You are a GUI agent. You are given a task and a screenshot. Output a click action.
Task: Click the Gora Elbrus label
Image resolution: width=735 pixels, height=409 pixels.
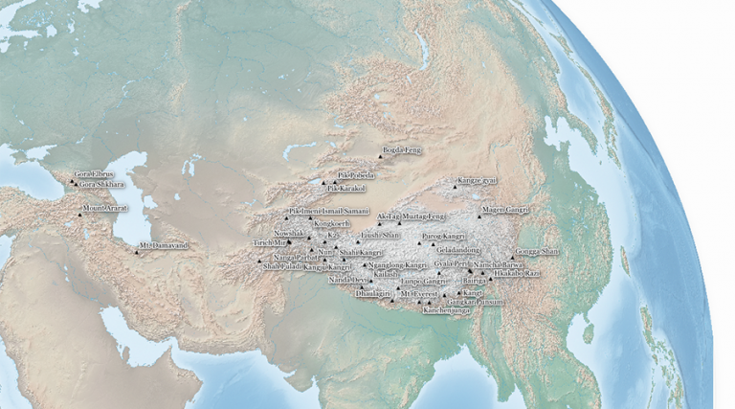pos(90,174)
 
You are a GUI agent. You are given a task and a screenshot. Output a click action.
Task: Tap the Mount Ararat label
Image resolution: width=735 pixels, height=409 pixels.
pos(106,208)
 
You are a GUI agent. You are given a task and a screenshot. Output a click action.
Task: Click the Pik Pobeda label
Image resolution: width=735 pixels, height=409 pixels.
pos(356,175)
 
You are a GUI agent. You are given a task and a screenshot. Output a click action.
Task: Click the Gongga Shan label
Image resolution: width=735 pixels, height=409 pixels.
pos(536,251)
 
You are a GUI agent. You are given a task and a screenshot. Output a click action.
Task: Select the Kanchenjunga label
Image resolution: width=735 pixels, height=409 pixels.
pos(445,311)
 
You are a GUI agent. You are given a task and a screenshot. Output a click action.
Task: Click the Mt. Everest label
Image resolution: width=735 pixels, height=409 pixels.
pos(419,293)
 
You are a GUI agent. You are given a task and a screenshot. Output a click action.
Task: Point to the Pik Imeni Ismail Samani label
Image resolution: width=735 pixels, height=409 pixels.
pos(329,210)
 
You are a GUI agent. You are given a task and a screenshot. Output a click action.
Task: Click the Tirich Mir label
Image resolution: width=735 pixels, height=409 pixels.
pos(270,243)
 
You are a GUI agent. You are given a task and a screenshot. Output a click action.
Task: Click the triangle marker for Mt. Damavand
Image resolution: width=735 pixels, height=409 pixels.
pos(136,254)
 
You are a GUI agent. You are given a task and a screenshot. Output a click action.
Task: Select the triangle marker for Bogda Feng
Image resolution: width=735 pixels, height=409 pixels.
pos(378,157)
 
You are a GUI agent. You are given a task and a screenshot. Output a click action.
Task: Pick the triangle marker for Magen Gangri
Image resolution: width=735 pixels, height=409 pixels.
pos(479,216)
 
